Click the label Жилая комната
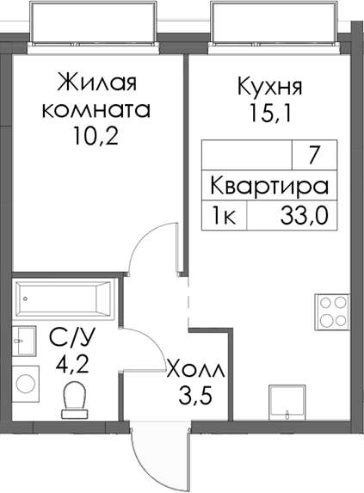(96, 96)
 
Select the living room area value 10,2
(96, 136)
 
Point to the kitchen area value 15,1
(268, 113)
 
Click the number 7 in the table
(313, 157)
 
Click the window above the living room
(95, 22)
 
